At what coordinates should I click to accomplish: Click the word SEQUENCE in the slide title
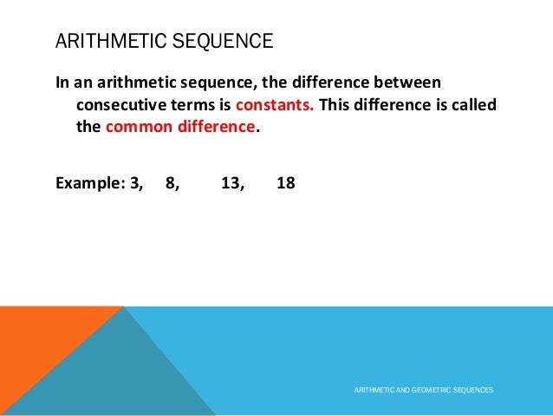point(226,41)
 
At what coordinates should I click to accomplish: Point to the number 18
point(285,183)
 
